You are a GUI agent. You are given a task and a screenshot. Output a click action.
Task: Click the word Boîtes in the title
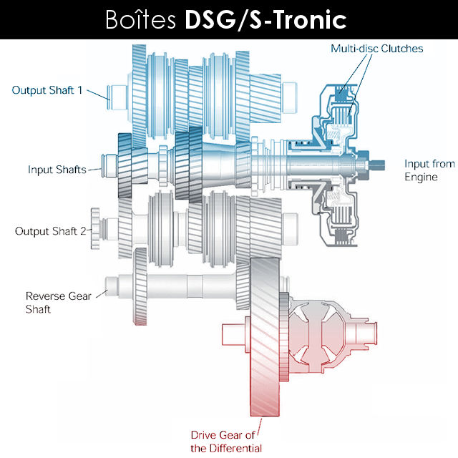(143, 19)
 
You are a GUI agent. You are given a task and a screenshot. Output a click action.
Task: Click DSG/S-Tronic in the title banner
(265, 19)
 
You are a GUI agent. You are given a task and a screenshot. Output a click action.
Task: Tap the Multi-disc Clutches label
(376, 49)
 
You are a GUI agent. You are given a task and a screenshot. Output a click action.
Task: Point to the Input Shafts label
(57, 170)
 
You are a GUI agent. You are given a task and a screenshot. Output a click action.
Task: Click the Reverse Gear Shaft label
(59, 302)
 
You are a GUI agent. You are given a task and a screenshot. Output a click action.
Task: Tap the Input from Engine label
(429, 170)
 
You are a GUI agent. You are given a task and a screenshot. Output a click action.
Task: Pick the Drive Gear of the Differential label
(226, 441)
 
